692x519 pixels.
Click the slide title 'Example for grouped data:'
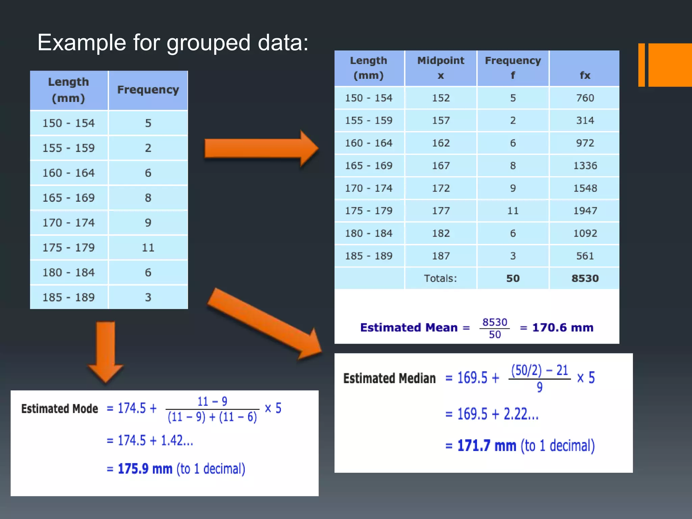tap(173, 43)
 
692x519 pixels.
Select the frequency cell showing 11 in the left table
tap(148, 248)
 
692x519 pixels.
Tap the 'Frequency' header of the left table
tap(148, 90)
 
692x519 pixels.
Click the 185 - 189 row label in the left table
tap(69, 297)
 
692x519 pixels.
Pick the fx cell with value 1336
tap(585, 166)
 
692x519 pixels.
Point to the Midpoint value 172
tap(441, 188)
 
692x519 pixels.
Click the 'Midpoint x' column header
tap(441, 68)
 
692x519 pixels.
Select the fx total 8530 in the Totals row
tap(585, 278)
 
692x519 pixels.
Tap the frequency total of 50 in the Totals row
tap(513, 278)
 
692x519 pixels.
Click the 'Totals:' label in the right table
tap(440, 278)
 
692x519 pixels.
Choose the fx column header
tap(585, 75)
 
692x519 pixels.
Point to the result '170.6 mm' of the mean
tap(563, 327)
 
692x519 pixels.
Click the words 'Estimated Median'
tap(389, 378)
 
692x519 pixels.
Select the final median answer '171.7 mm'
tap(487, 446)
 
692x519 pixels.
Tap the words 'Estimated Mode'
tap(59, 409)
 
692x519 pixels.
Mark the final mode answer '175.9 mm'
tap(145, 469)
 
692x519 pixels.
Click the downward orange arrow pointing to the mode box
tap(106, 351)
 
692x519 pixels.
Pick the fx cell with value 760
tap(585, 98)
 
